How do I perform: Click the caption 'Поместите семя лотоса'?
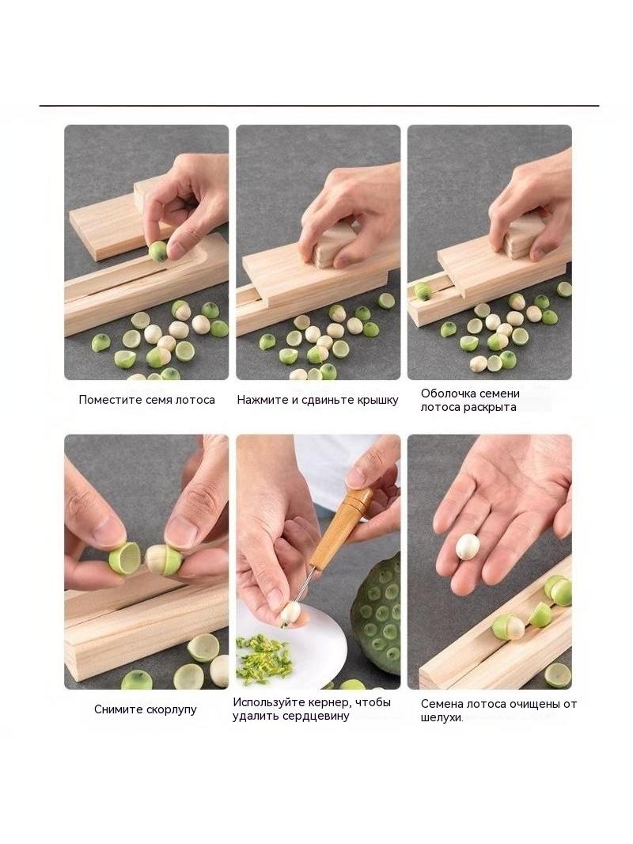(146, 400)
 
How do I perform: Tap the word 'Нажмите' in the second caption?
(258, 400)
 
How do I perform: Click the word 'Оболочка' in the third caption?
(445, 393)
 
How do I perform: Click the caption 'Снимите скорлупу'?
(146, 709)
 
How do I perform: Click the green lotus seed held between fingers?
(159, 251)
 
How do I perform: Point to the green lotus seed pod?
(377, 614)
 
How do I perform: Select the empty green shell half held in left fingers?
(124, 558)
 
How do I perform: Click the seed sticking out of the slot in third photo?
(423, 291)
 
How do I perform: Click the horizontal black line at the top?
(319, 106)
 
